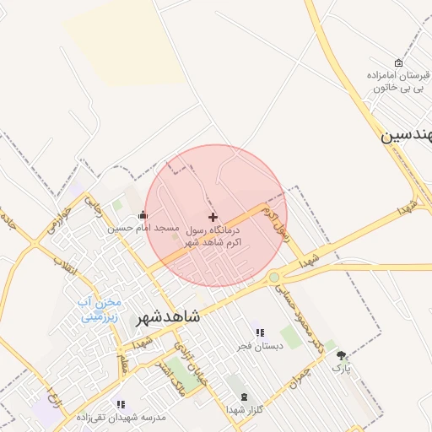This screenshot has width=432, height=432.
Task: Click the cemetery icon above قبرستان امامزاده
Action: click(398, 62)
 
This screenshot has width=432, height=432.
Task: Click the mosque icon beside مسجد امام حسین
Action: click(142, 214)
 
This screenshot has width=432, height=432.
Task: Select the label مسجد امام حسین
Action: click(143, 228)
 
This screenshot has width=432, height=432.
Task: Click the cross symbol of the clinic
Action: click(213, 217)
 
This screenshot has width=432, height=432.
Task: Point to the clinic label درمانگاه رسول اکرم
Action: click(212, 235)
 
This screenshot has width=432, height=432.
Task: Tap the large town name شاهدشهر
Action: click(168, 316)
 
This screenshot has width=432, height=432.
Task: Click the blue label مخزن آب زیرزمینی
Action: click(100, 310)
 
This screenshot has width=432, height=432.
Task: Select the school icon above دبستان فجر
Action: click(260, 332)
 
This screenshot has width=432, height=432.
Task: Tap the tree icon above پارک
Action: click(341, 355)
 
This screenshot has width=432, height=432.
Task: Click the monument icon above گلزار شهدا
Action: click(245, 397)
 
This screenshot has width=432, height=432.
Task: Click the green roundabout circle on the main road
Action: click(273, 277)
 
